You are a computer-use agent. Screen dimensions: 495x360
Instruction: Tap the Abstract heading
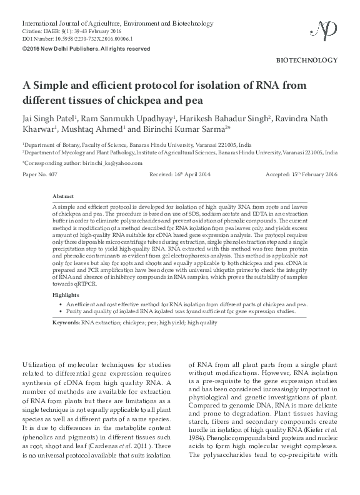(64, 196)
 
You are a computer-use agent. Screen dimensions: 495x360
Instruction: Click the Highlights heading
(66, 294)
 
